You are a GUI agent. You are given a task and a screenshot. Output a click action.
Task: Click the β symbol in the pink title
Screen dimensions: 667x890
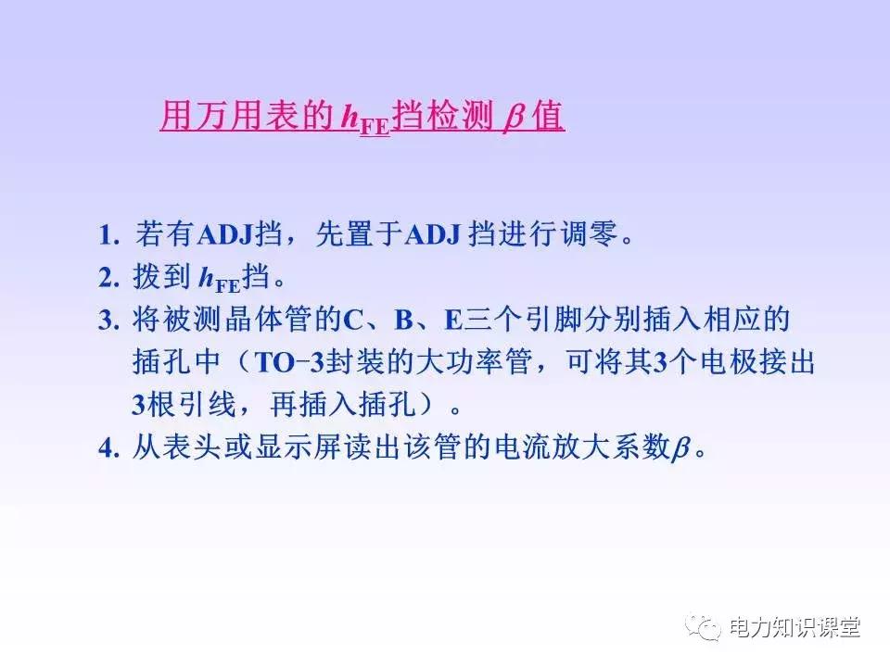point(513,120)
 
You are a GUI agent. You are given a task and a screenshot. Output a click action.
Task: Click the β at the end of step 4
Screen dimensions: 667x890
point(680,449)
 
